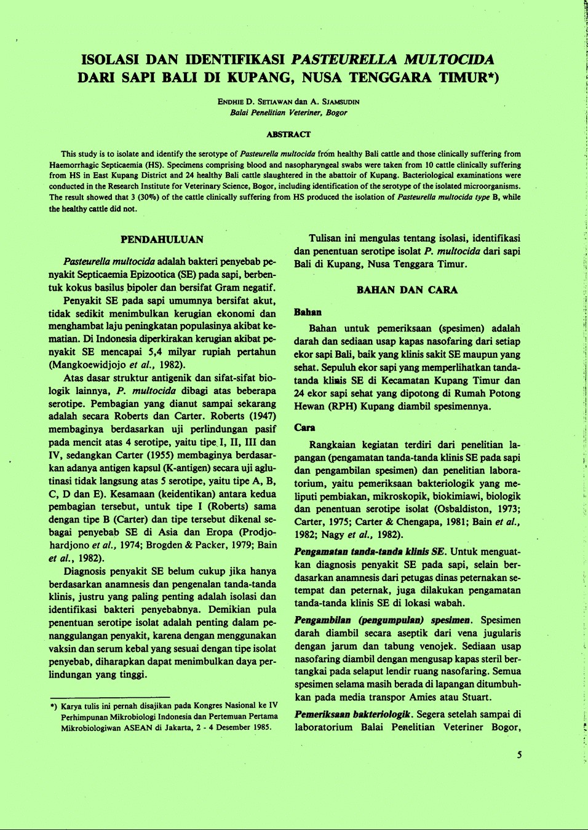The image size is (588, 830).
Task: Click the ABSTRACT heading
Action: point(288,134)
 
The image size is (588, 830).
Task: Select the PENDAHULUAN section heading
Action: point(162,239)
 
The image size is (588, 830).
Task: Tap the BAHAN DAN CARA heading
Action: point(407,290)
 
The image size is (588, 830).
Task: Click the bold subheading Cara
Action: point(304,427)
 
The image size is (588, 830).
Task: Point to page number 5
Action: point(519,754)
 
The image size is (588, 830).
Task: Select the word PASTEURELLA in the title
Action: point(344,60)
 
